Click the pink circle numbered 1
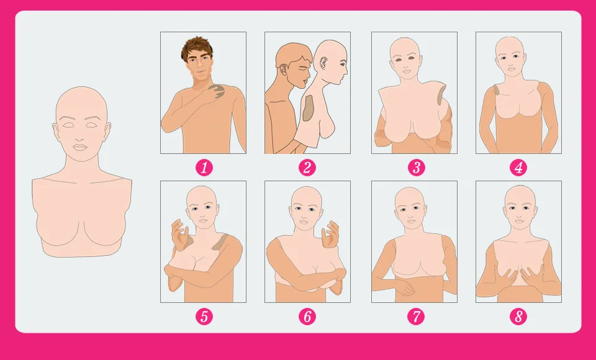(x=204, y=168)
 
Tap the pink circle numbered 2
(x=307, y=168)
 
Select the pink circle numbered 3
(x=416, y=168)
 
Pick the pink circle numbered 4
(x=519, y=168)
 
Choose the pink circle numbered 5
(x=204, y=317)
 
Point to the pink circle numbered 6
(x=307, y=317)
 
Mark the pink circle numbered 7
(x=416, y=317)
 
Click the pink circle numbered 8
(x=519, y=317)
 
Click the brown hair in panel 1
(x=197, y=48)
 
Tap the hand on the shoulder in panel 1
(x=217, y=92)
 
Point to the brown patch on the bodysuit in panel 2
(x=308, y=108)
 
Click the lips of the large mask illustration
(x=80, y=147)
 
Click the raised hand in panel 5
(x=179, y=235)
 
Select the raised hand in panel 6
(x=330, y=235)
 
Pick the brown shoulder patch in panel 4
(x=497, y=90)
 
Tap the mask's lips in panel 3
(x=406, y=71)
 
